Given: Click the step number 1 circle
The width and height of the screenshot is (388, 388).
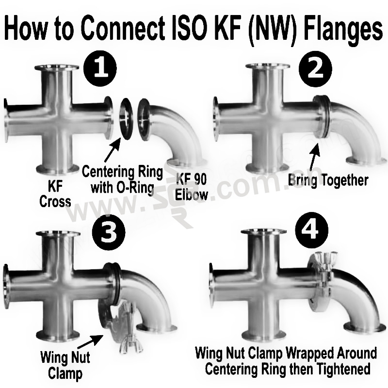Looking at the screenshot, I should click(x=100, y=67).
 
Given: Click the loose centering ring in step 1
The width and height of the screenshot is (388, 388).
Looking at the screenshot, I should click(x=126, y=118).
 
